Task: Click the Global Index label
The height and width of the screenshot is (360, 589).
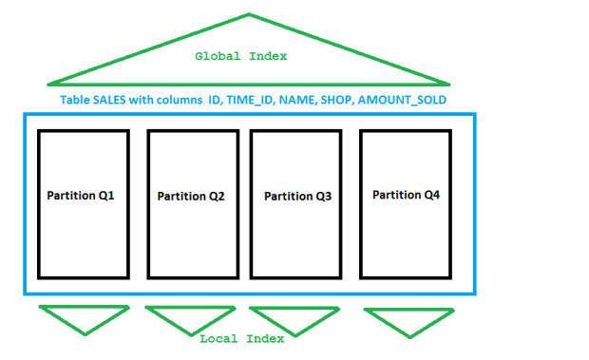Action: (241, 57)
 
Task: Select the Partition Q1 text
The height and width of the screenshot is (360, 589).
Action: (81, 195)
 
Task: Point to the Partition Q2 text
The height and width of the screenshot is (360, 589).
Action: (191, 197)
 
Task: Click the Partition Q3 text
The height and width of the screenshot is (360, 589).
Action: (296, 197)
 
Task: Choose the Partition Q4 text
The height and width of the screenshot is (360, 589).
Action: (406, 195)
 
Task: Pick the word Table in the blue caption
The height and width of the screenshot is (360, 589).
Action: (75, 100)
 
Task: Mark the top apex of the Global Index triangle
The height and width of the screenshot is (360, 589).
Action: (250, 14)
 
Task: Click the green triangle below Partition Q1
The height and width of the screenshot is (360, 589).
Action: (83, 316)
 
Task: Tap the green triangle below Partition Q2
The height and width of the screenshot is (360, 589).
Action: (190, 316)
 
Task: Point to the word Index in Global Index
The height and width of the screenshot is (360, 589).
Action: (269, 57)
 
